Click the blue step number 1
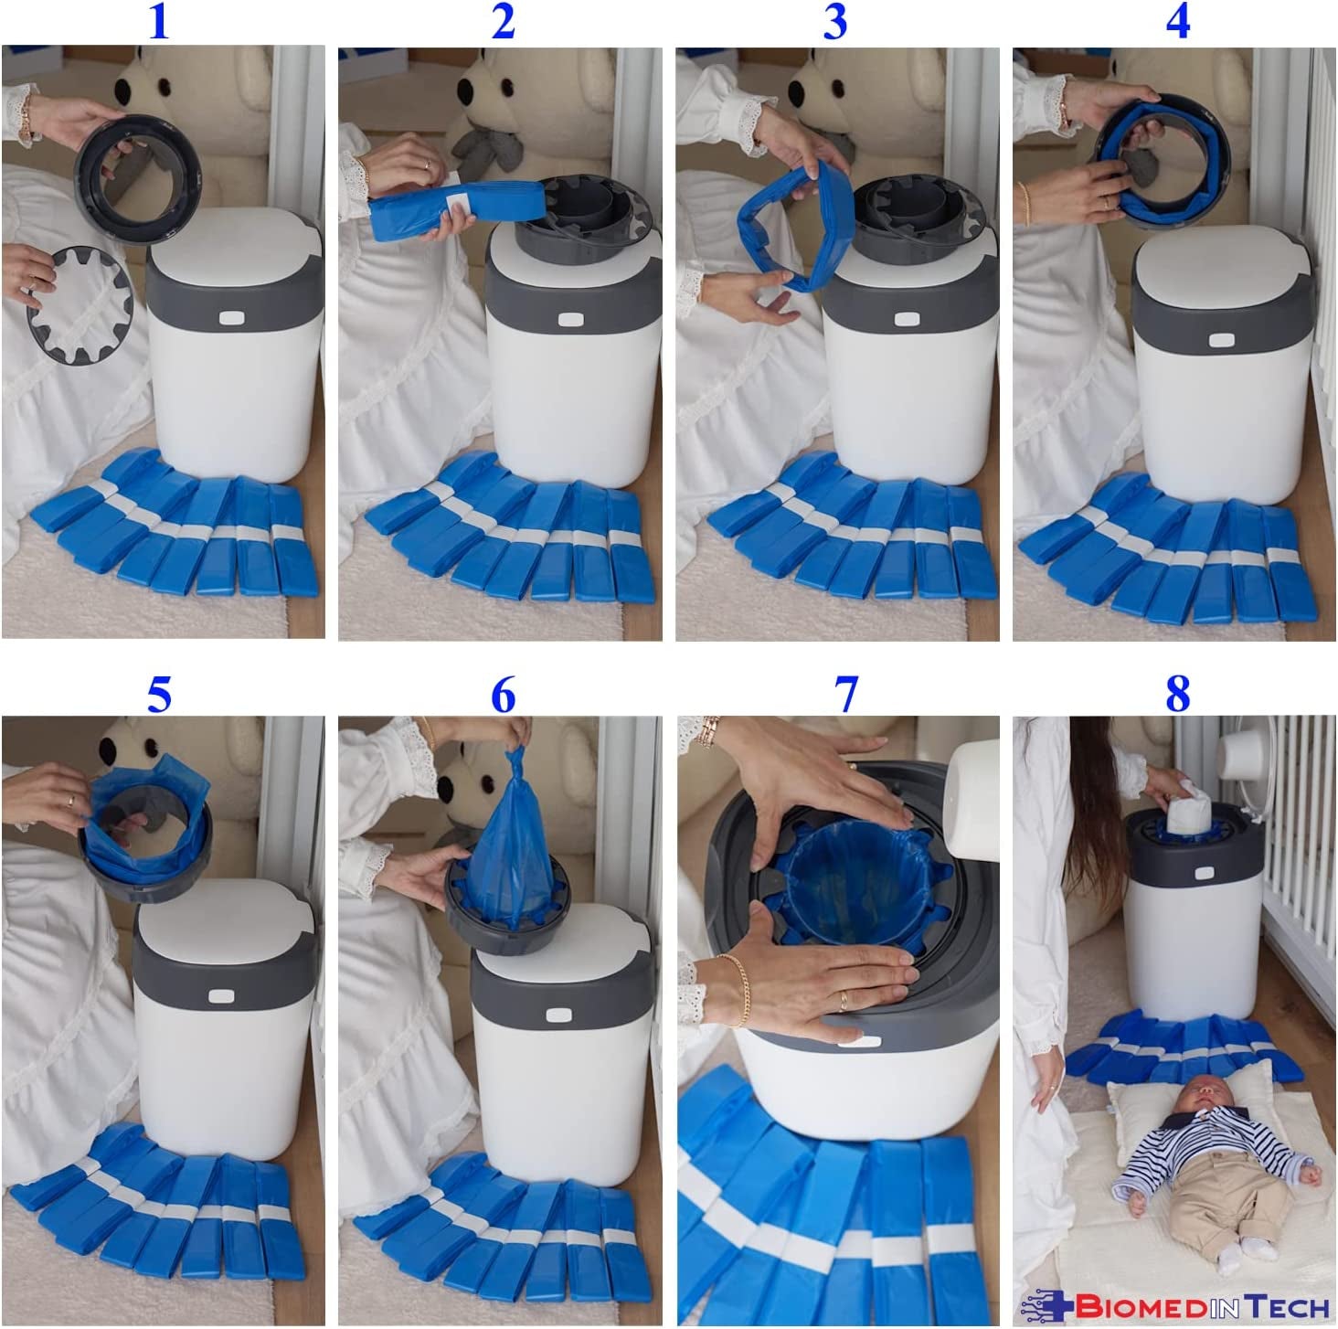click(x=159, y=22)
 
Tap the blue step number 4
click(x=1177, y=22)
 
